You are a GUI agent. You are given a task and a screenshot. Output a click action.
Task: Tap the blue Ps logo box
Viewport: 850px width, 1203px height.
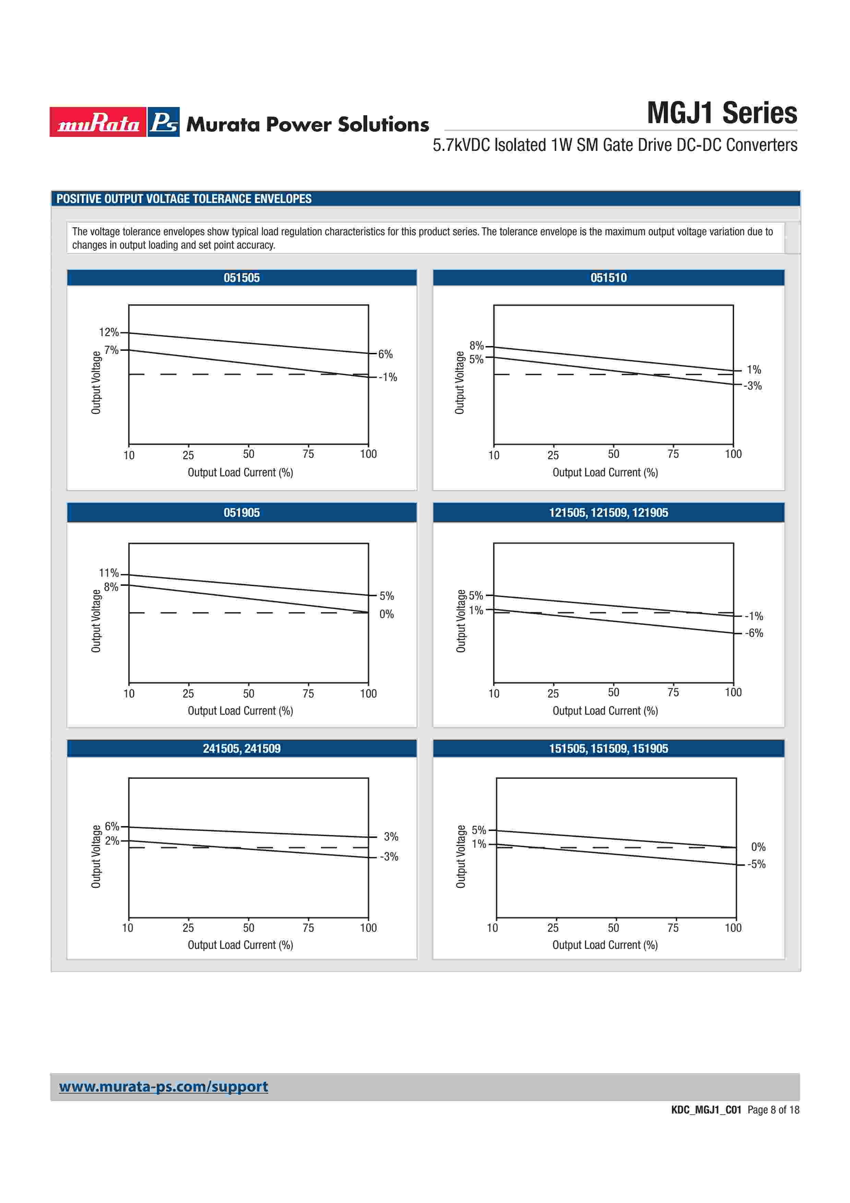coord(164,122)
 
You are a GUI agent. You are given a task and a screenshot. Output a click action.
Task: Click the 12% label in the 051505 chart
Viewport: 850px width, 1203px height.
coord(108,332)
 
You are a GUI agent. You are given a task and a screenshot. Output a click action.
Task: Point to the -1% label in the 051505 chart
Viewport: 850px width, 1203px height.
coord(388,377)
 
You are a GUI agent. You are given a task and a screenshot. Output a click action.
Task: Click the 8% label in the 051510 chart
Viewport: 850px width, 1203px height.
coord(476,346)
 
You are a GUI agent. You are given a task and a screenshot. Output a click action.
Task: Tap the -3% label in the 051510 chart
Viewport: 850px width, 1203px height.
coord(753,386)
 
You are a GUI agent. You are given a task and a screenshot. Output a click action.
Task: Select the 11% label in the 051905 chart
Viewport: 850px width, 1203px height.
coord(108,573)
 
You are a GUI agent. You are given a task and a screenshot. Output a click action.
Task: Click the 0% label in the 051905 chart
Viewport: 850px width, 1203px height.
coord(386,614)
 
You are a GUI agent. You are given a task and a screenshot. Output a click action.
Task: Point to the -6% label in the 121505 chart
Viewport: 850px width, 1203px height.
coord(754,633)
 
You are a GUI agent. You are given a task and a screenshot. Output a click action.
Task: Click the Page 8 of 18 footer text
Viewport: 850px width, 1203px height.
coord(773,1110)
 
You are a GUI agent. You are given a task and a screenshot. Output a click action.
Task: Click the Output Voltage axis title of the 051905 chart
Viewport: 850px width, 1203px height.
coord(96,621)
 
